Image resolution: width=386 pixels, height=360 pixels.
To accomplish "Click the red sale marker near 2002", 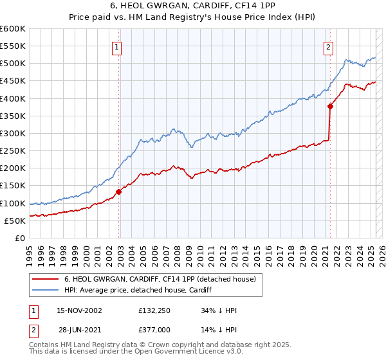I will tap(119, 192).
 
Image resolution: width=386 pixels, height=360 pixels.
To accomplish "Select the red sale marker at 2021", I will tap(330, 107).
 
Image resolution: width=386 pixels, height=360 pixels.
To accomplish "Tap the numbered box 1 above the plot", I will tap(117, 46).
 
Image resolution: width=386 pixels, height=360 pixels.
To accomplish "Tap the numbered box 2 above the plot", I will tap(328, 46).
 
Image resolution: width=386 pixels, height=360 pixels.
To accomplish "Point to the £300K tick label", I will tap(13, 133).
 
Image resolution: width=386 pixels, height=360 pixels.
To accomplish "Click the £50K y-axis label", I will tap(15, 221).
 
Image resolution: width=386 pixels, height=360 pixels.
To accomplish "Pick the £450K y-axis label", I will tap(13, 81).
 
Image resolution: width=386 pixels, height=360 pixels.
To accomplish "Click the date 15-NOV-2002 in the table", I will tap(79, 310).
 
